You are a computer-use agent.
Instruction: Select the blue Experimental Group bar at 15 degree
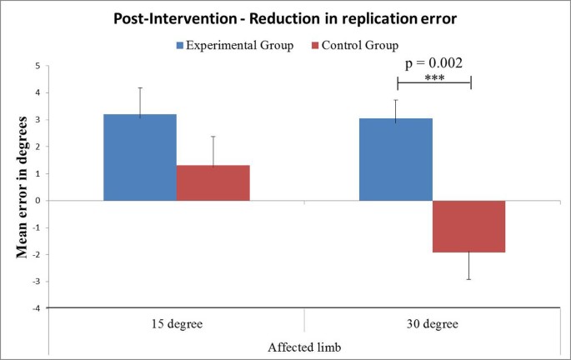coord(140,157)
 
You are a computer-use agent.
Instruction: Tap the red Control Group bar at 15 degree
coord(213,182)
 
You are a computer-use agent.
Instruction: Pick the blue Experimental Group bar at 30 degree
coord(396,159)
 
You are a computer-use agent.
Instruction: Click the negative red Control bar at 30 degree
coord(468,226)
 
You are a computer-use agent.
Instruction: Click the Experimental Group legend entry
coord(234,45)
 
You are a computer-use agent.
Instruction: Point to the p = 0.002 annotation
coord(433,62)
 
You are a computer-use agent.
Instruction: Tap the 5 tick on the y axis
coord(36,66)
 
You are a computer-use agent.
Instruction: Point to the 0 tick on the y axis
coord(36,201)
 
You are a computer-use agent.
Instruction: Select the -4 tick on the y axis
coord(34,308)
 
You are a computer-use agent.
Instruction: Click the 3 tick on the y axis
coord(36,120)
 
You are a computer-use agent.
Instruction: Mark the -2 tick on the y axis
coord(34,254)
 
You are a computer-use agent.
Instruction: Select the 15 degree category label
coord(176,322)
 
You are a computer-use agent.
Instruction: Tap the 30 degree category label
coord(432,322)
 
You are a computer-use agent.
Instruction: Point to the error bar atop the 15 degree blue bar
coord(140,100)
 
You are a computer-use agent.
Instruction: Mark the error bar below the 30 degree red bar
coord(468,266)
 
